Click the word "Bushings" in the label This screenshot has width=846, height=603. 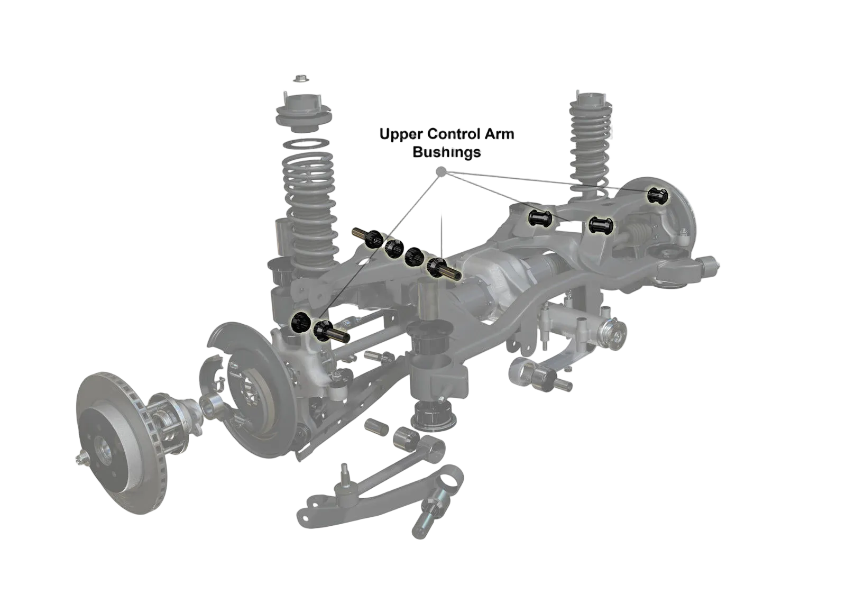(447, 152)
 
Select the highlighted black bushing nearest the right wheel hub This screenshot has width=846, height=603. (658, 196)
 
